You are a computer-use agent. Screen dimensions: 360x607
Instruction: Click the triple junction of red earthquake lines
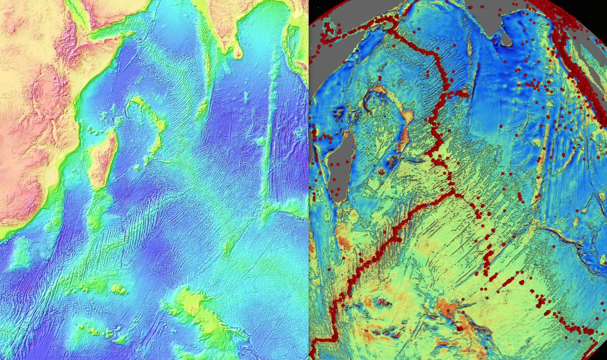click(454, 192)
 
